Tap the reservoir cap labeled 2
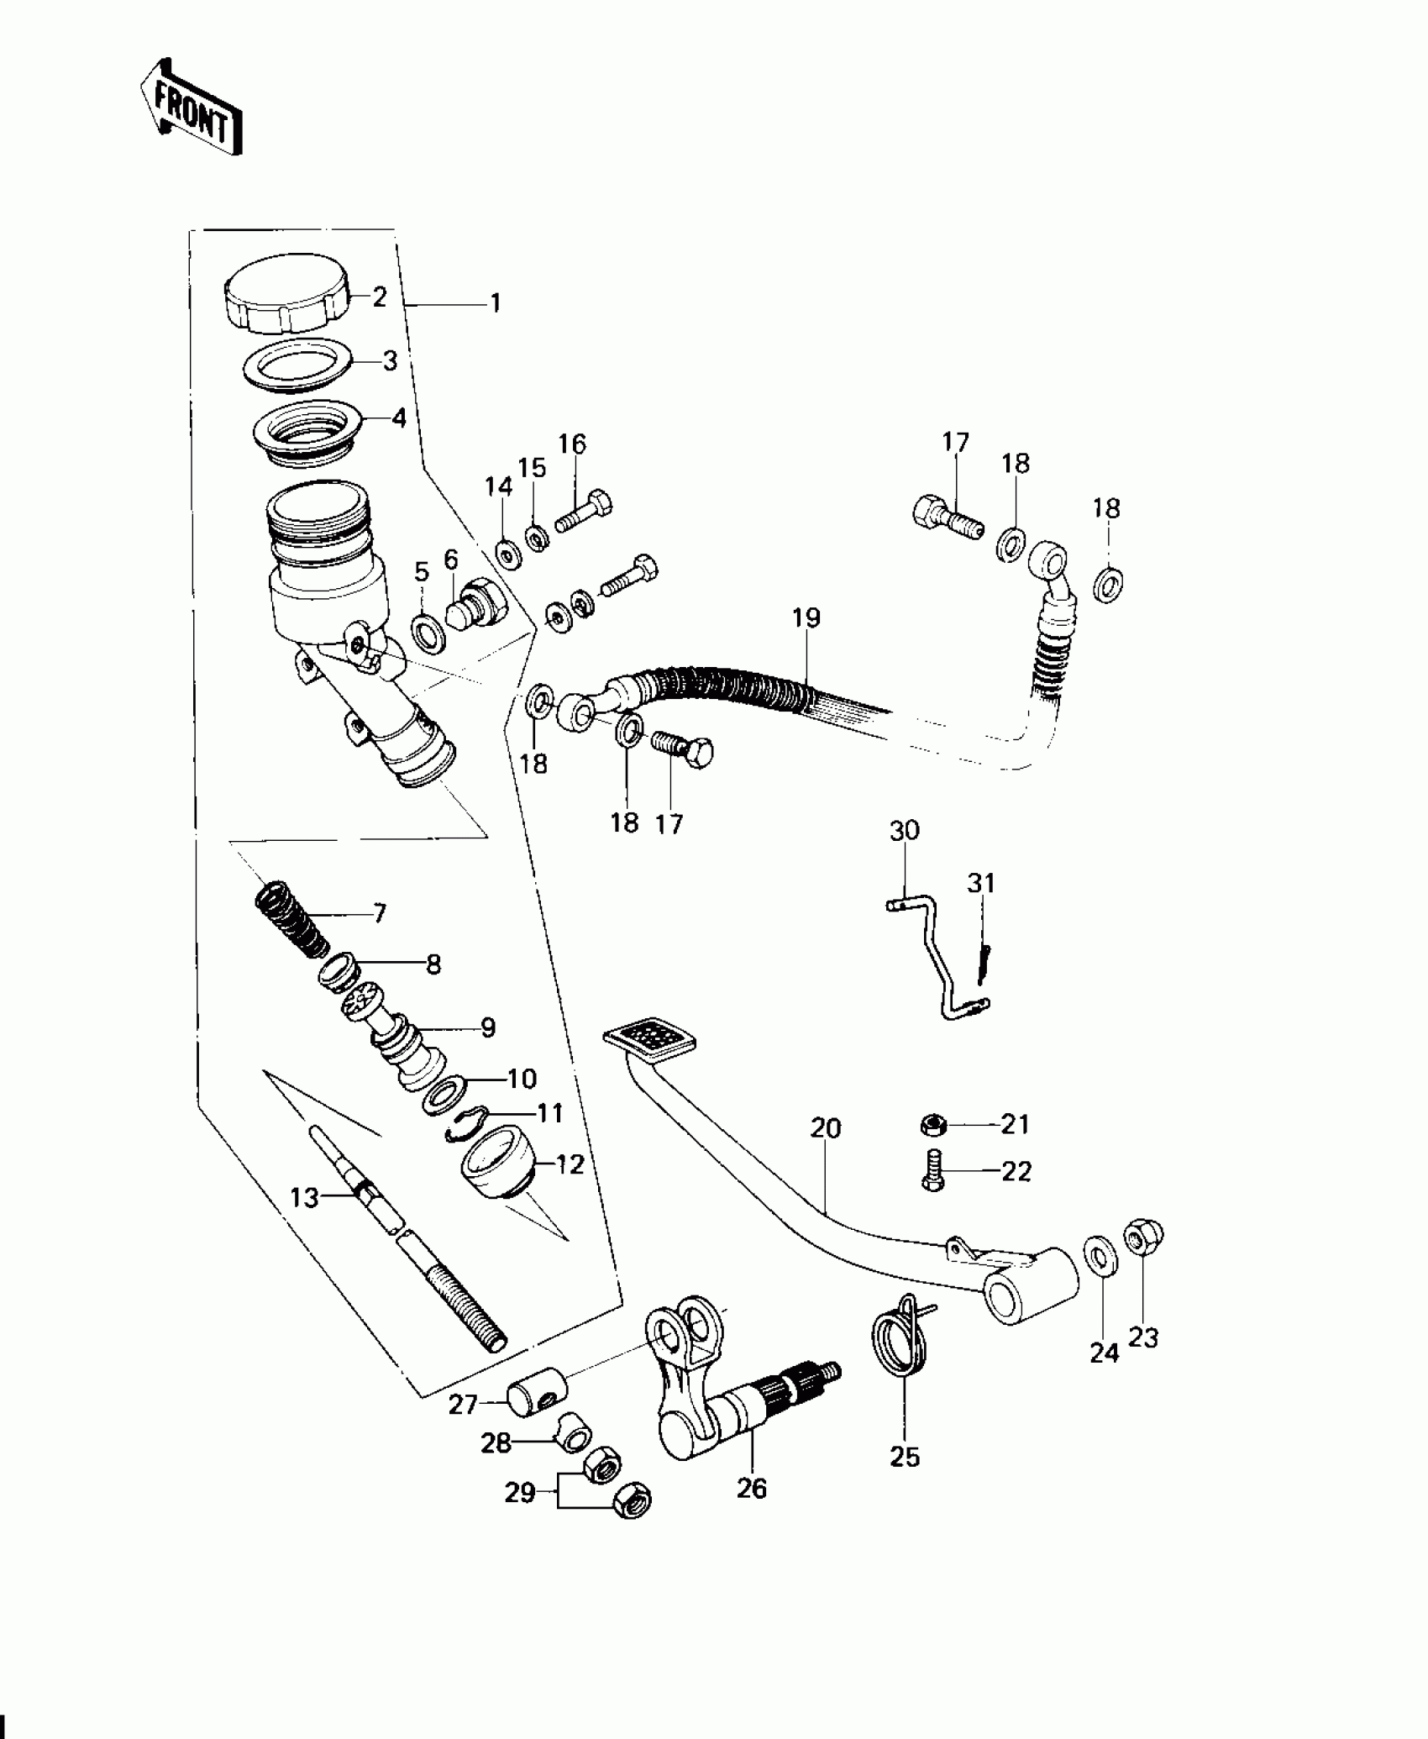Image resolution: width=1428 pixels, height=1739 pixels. tap(286, 297)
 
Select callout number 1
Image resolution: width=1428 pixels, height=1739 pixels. tap(496, 302)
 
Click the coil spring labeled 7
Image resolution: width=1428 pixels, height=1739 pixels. tap(291, 920)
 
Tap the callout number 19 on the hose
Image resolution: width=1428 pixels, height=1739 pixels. tap(806, 618)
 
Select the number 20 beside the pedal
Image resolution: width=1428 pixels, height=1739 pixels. tap(826, 1128)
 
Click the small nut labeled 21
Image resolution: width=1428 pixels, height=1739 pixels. tap(933, 1123)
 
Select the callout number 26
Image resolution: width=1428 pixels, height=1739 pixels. tap(752, 1488)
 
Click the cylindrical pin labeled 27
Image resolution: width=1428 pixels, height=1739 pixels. tap(535, 1395)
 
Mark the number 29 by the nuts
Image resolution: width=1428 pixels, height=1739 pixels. tap(520, 1493)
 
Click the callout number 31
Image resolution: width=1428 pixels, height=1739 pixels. tap(980, 883)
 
